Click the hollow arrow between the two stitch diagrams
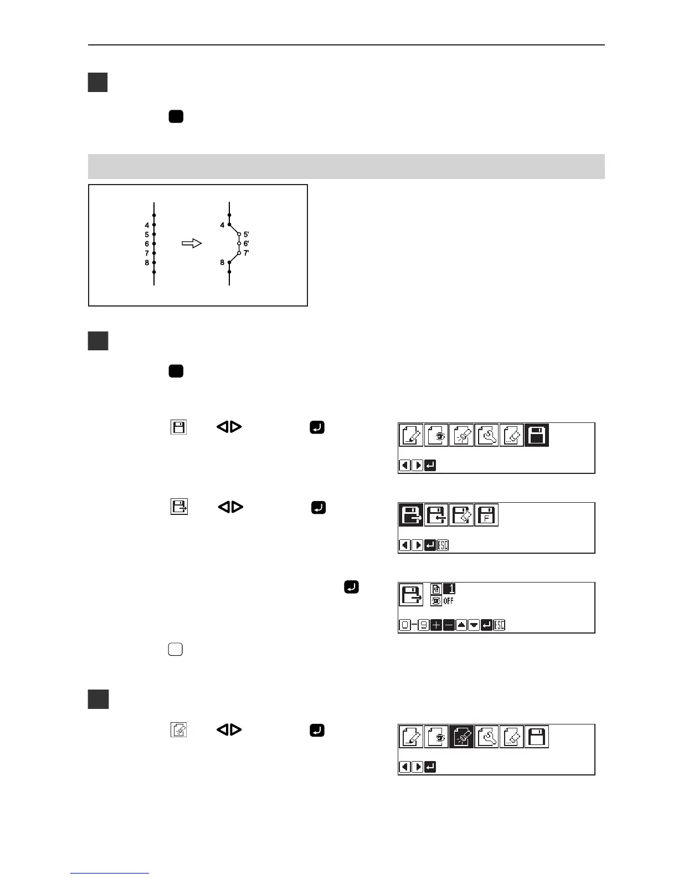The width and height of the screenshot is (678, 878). (192, 243)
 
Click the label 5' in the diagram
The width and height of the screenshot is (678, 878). (246, 234)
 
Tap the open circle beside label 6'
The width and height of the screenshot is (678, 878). (239, 243)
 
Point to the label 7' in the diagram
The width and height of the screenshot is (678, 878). (246, 253)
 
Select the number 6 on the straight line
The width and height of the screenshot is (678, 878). (147, 244)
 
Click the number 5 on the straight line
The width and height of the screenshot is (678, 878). (147, 234)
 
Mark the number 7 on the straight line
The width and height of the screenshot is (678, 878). (147, 253)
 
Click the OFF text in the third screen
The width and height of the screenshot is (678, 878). (448, 601)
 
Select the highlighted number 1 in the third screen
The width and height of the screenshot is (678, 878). (449, 589)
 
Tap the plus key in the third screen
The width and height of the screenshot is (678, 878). (436, 625)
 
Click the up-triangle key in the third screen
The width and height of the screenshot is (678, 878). (461, 625)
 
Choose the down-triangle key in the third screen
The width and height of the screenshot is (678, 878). (474, 625)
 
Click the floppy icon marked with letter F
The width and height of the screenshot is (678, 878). (486, 515)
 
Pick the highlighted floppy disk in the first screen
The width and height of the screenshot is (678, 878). (536, 435)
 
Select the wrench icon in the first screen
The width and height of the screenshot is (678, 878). (486, 435)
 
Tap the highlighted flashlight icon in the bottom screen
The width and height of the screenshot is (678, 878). (461, 737)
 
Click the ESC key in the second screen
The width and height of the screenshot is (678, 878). (443, 545)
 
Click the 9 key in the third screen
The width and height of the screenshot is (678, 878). (423, 625)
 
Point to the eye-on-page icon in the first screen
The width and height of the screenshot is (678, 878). (436, 435)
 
